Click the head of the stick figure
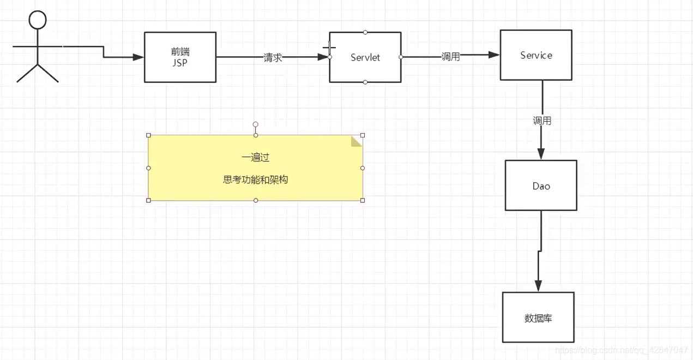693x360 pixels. tap(38, 21)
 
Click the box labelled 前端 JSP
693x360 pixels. tap(180, 57)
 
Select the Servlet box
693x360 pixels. tap(365, 57)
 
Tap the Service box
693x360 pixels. tap(536, 55)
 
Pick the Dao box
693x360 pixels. tap(541, 185)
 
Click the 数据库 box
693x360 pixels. tap(538, 317)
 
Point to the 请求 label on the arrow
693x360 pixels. tap(273, 57)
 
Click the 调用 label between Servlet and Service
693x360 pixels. tap(450, 57)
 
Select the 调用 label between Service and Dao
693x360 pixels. tap(542, 121)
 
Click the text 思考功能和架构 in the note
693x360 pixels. tap(255, 179)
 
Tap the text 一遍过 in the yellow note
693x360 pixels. tap(255, 157)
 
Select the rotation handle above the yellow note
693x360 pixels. tap(255, 124)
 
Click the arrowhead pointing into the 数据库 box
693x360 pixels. tap(538, 286)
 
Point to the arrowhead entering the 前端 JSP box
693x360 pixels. tap(138, 57)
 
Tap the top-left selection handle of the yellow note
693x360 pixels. tap(148, 135)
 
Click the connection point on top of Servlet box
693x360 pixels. tap(365, 32)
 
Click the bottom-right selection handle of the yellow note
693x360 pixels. tap(363, 200)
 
